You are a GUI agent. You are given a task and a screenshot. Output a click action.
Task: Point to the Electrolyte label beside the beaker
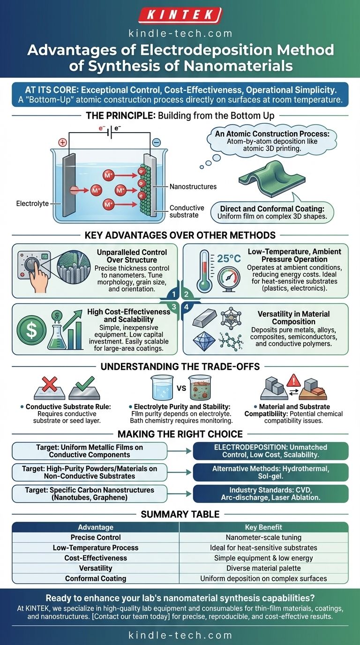pos(32,204)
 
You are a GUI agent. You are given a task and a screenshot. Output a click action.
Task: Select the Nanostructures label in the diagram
pos(193,187)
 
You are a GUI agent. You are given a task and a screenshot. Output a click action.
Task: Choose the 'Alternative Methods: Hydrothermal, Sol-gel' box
pos(270,472)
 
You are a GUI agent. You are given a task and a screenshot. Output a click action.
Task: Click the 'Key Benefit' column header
pos(263,527)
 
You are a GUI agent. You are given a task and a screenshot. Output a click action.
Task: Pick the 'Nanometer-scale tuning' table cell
pos(263,537)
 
